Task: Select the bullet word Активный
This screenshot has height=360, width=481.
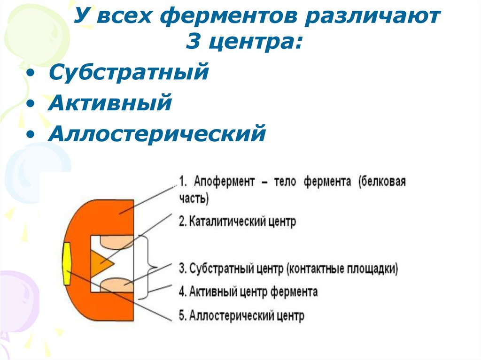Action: click(109, 103)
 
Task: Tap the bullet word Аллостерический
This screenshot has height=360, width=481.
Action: click(157, 133)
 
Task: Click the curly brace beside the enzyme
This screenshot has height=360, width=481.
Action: click(152, 266)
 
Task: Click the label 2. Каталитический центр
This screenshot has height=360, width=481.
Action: click(238, 222)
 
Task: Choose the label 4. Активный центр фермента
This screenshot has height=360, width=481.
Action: click(248, 292)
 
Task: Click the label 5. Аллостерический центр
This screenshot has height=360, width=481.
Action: click(241, 315)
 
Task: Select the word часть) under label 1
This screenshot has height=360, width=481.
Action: click(193, 199)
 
